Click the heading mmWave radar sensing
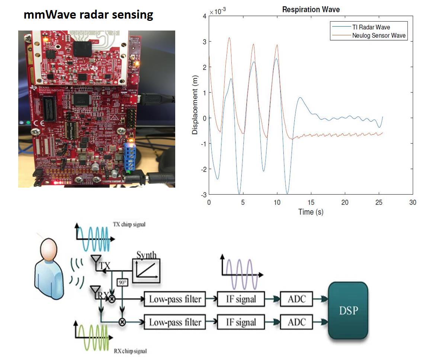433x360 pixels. pyautogui.click(x=88, y=15)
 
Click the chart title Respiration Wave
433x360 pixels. pyautogui.click(x=311, y=10)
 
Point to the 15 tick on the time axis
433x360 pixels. pyautogui.click(x=311, y=202)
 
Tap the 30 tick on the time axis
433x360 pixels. pyautogui.click(x=413, y=202)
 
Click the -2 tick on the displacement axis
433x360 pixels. pyautogui.click(x=204, y=169)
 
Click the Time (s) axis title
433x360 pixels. pyautogui.click(x=311, y=212)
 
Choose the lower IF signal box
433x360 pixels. pyautogui.click(x=241, y=322)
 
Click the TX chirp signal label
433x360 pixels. pyautogui.click(x=129, y=224)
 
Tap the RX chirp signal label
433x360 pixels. pyautogui.click(x=129, y=351)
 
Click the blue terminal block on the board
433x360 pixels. pyautogui.click(x=130, y=156)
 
